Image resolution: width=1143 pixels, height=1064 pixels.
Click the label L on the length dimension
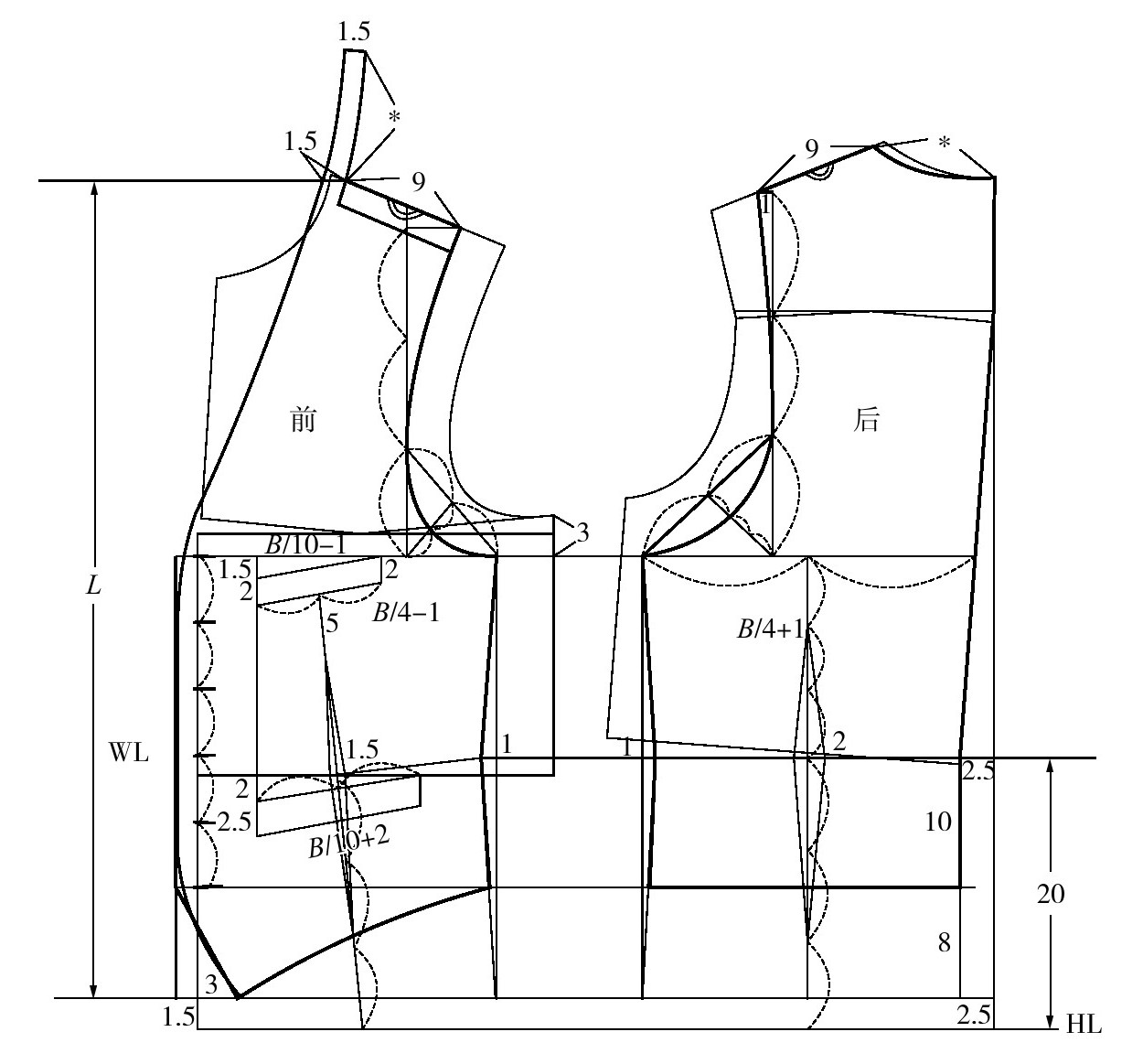(x=93, y=586)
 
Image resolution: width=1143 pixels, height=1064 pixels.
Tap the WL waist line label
(x=128, y=752)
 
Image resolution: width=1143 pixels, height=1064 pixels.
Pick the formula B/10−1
(x=306, y=543)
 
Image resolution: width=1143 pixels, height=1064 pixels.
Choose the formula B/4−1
(x=406, y=613)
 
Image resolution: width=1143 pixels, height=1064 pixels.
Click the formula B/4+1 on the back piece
(x=771, y=629)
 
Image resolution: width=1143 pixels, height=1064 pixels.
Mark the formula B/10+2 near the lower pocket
(x=348, y=844)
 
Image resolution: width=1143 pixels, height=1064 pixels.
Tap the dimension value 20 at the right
(x=1051, y=894)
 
